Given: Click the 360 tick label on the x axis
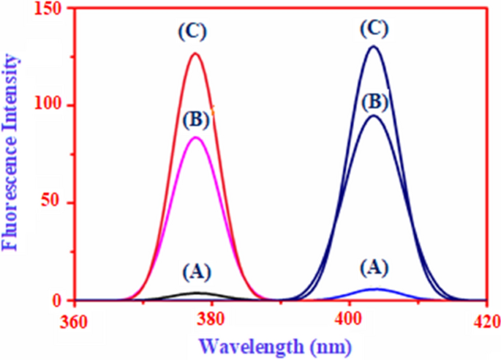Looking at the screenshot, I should tap(75, 320).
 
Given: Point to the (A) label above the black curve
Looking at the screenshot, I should tap(195, 273).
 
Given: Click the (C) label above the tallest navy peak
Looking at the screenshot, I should tap(374, 29).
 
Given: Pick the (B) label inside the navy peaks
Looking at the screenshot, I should tap(374, 100).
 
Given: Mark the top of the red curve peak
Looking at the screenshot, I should tap(195, 53).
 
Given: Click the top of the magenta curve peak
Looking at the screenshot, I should tap(195, 138).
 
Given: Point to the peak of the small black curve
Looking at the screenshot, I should tap(195, 293).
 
